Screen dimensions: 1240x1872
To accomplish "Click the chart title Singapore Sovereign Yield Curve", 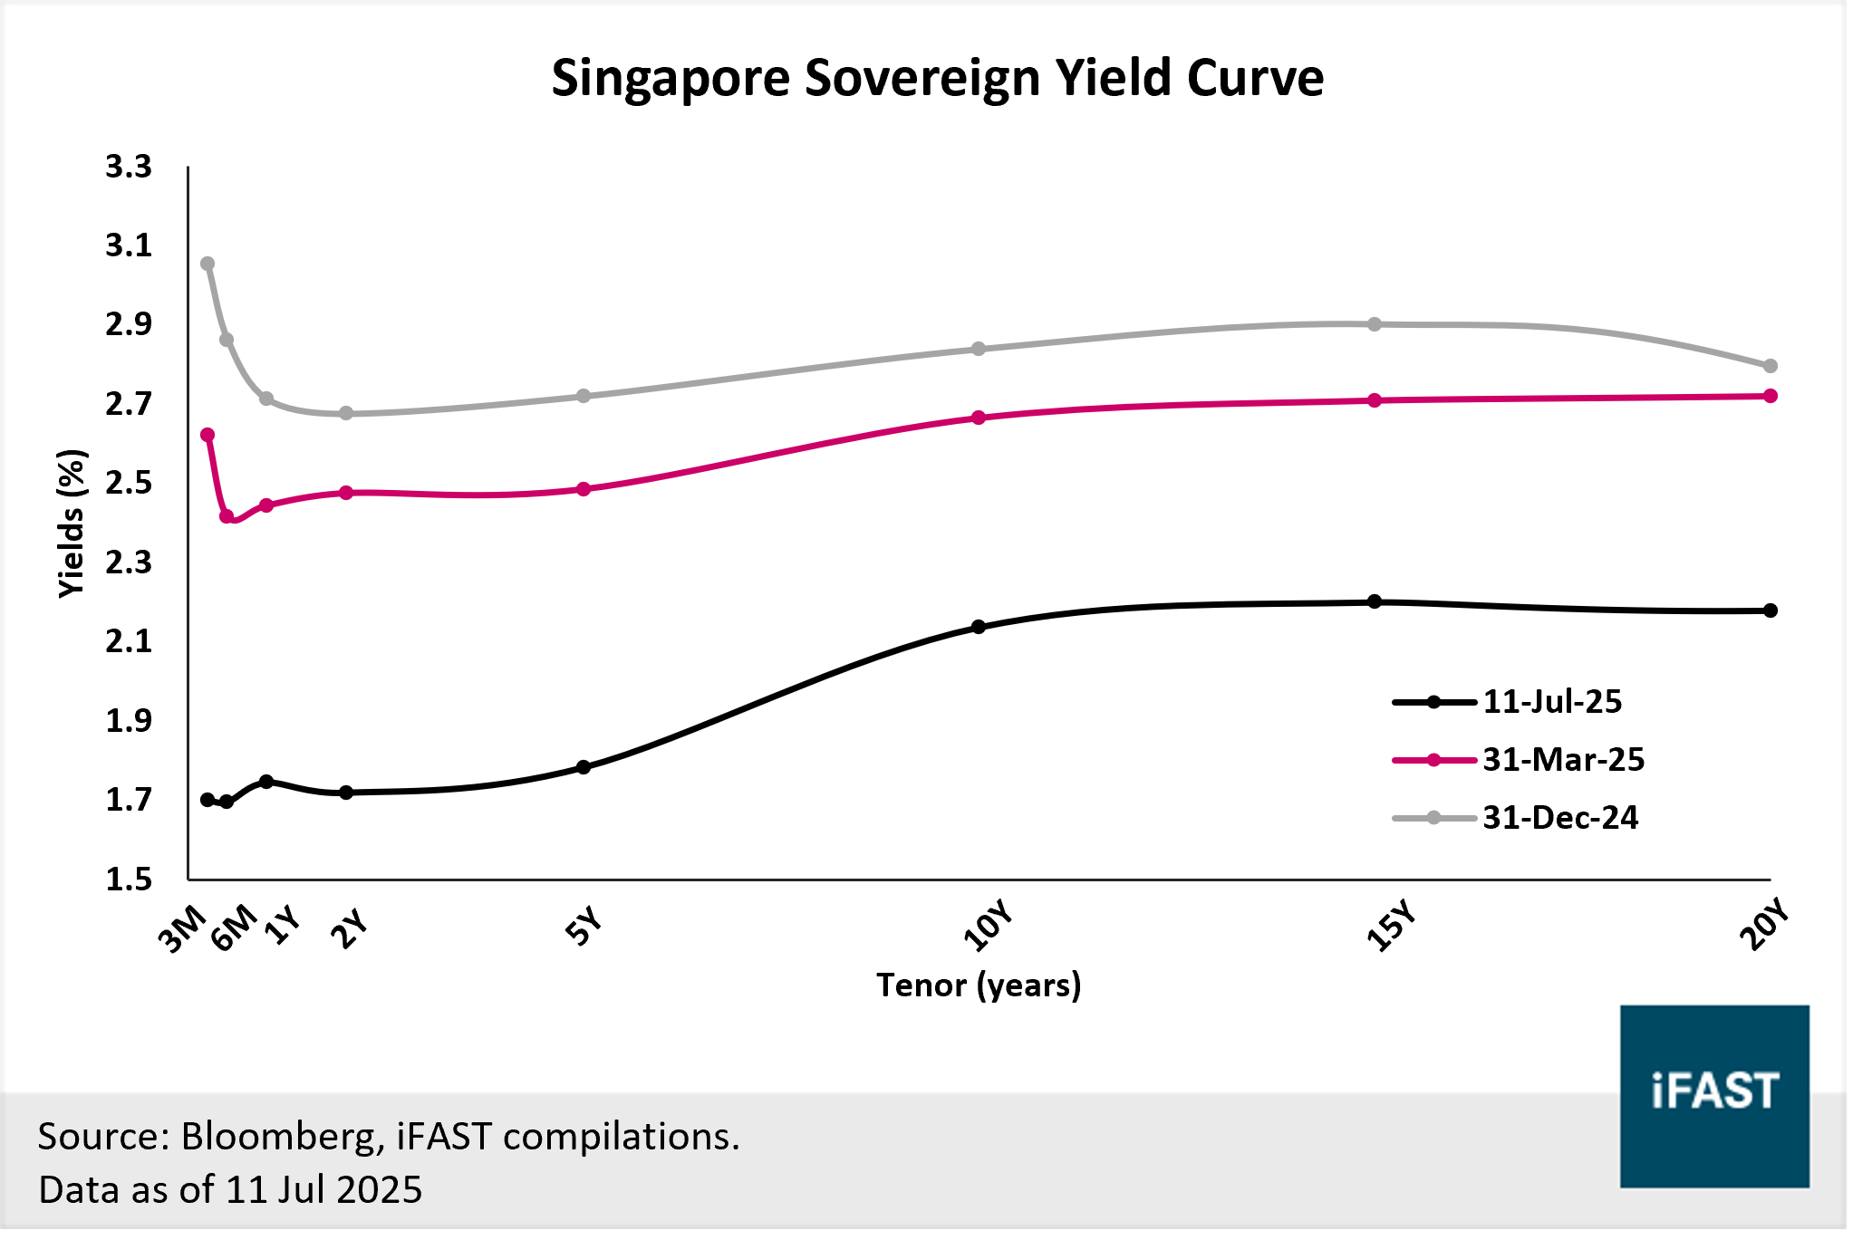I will tap(937, 78).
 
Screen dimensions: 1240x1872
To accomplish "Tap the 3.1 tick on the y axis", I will tap(129, 245).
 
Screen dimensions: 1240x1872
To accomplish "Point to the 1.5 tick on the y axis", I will tap(129, 880).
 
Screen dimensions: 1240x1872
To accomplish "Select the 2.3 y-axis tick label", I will tap(129, 562).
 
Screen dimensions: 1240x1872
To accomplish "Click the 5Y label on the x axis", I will tap(584, 926).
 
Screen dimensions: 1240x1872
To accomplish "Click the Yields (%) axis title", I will tap(72, 524).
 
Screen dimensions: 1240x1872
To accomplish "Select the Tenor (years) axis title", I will tap(979, 985).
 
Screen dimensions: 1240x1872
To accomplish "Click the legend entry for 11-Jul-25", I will tap(1551, 702).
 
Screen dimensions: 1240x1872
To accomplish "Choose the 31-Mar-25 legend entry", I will tap(1563, 760).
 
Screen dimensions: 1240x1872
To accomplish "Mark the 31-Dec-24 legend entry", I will tap(1559, 818).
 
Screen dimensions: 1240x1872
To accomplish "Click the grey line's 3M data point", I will tap(207, 264).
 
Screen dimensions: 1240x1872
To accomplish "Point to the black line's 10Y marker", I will tap(979, 627).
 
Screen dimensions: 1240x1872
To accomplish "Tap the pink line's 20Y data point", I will tap(1771, 396).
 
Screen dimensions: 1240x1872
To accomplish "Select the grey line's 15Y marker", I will tap(1375, 324).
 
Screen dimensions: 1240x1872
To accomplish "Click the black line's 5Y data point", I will tap(584, 767).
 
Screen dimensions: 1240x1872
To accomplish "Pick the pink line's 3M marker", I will tap(207, 435).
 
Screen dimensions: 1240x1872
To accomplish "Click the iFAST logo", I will tap(1714, 1096).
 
